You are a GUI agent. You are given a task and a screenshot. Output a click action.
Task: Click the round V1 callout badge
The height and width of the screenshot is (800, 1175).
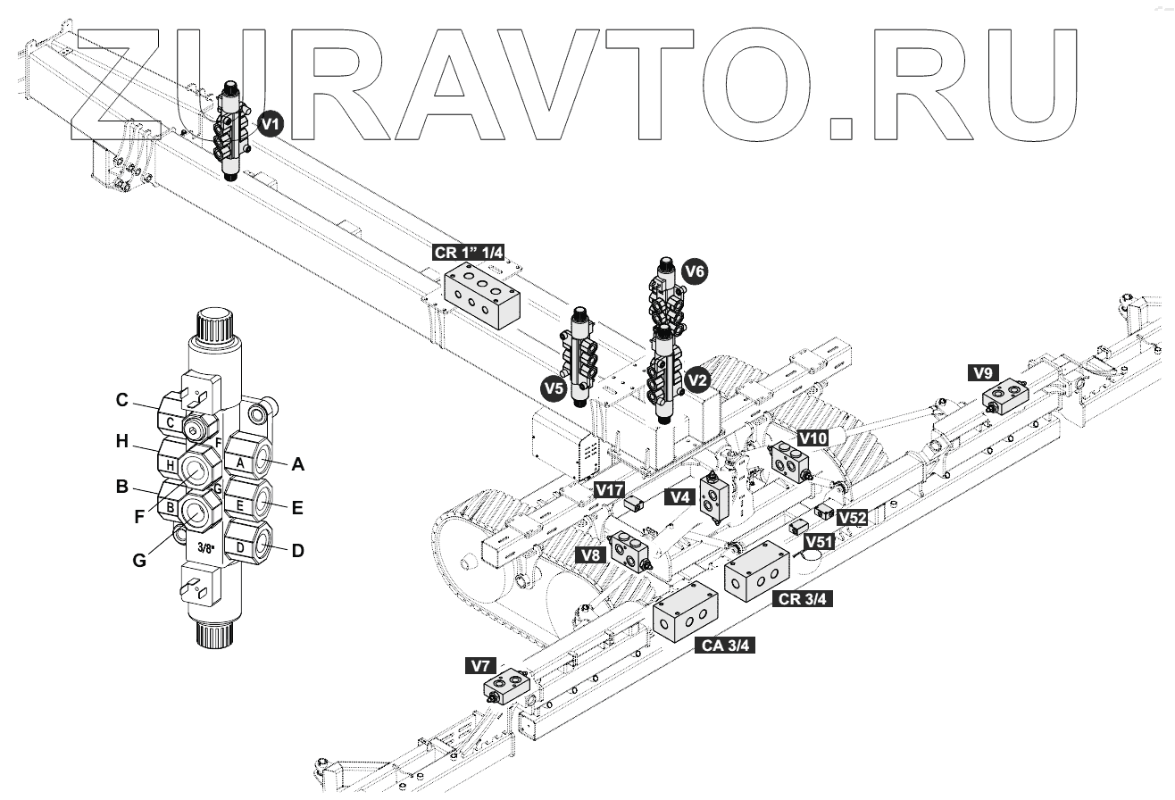(271, 125)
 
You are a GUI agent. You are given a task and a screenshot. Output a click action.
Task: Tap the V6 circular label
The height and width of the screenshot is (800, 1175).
(695, 270)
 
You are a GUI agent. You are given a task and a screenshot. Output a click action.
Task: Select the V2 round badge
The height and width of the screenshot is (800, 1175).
(697, 379)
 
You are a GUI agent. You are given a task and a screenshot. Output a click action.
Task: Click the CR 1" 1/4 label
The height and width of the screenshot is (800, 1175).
(469, 253)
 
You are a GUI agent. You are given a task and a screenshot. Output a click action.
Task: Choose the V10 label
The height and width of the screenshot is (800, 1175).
(812, 437)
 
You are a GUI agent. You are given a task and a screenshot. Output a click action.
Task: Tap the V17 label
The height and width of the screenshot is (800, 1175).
(611, 489)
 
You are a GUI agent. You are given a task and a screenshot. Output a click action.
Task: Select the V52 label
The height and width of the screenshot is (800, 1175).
(852, 518)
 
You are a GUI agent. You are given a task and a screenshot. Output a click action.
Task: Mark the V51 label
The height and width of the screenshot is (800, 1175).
(820, 541)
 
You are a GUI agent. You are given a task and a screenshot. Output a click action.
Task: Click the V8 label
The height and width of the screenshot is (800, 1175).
(588, 554)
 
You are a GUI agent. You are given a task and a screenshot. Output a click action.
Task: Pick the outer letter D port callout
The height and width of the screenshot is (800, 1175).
(297, 551)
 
